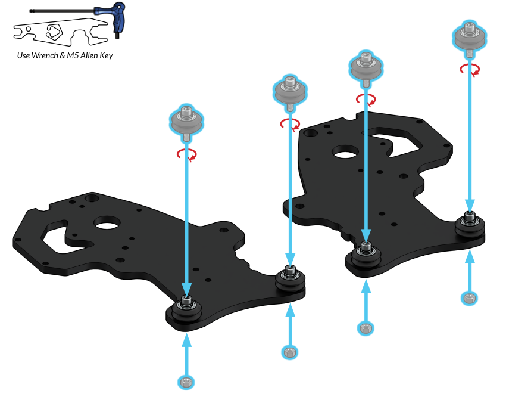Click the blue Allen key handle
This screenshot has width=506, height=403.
[x=118, y=18]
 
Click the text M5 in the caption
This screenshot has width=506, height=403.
[x=73, y=55]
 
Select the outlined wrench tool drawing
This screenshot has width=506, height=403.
[x=60, y=32]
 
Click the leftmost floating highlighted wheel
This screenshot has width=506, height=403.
[x=186, y=123]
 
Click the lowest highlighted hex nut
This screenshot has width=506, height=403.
[x=186, y=382]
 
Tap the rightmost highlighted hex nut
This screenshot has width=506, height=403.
[x=470, y=298]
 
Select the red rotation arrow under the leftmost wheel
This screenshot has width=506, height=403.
[x=187, y=154]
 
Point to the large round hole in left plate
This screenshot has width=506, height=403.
[x=107, y=223]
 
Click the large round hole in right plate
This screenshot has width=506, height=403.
[x=346, y=152]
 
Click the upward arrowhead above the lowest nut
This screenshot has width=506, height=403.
[x=186, y=340]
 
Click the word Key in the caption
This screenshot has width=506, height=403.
[x=106, y=56]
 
